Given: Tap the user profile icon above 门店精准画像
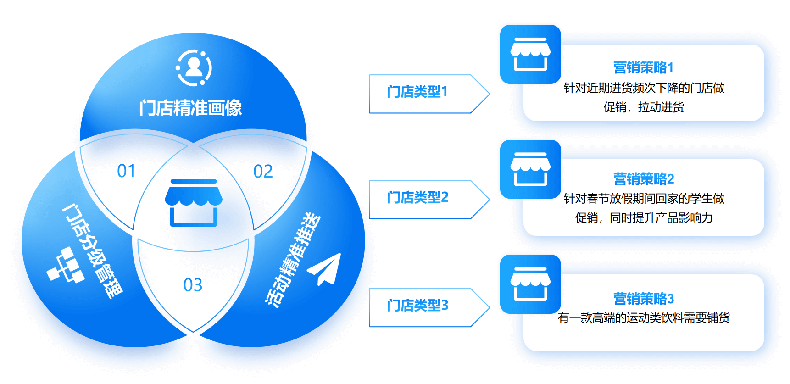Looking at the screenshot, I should (194, 68).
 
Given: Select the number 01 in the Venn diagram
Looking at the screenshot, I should (126, 171).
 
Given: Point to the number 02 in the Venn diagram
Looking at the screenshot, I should (263, 172).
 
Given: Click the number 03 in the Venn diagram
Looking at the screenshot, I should (193, 285).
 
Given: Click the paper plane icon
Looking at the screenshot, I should (325, 269).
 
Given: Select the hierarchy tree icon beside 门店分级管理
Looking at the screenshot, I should (66, 265).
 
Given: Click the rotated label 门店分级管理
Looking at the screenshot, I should (92, 251).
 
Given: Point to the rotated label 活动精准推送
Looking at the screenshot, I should (293, 260).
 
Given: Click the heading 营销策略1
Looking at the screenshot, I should (643, 67).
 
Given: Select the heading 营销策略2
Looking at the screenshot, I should (643, 179).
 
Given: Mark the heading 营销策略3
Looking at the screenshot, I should (643, 299).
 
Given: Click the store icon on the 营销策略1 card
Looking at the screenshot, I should (530, 54).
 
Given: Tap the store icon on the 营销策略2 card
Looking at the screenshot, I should (530, 169).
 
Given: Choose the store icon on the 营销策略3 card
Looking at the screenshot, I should (530, 284).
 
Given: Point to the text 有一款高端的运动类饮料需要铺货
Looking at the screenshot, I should (643, 317).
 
